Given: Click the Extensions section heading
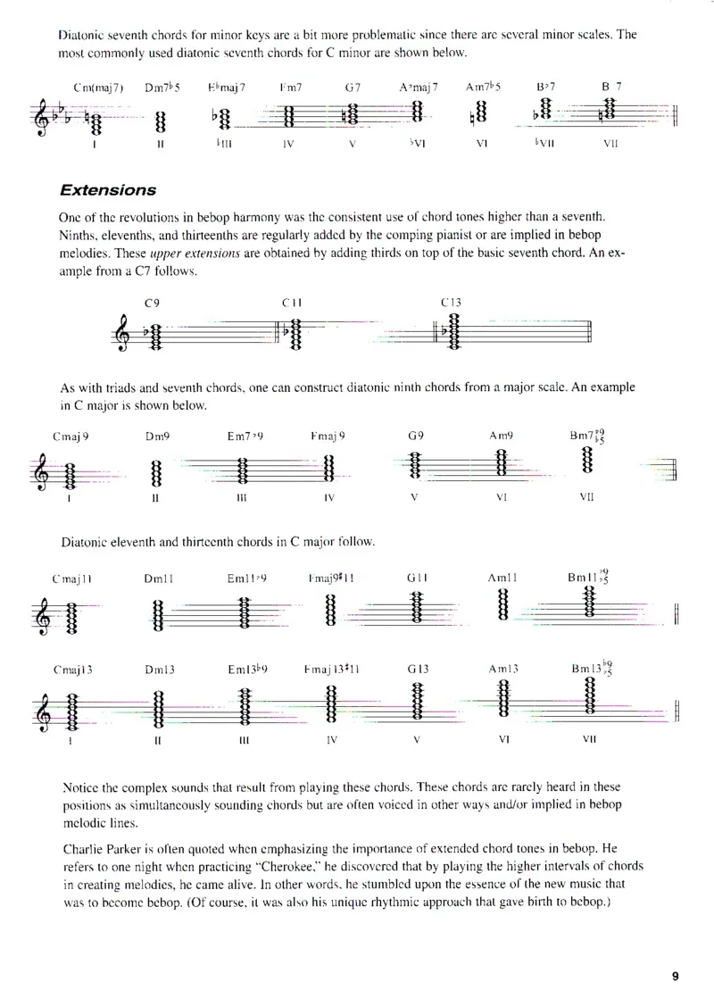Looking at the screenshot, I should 107,190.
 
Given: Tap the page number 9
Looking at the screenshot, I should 676,976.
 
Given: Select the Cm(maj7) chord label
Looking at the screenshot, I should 99,87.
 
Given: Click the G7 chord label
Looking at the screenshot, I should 353,87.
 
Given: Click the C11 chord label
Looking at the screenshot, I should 292,304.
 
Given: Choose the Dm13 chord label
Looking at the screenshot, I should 158,670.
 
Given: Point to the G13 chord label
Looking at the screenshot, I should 418,670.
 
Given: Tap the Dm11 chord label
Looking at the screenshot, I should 158,578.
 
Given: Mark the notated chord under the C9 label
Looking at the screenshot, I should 154,334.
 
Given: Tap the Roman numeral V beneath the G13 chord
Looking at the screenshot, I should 417,740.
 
